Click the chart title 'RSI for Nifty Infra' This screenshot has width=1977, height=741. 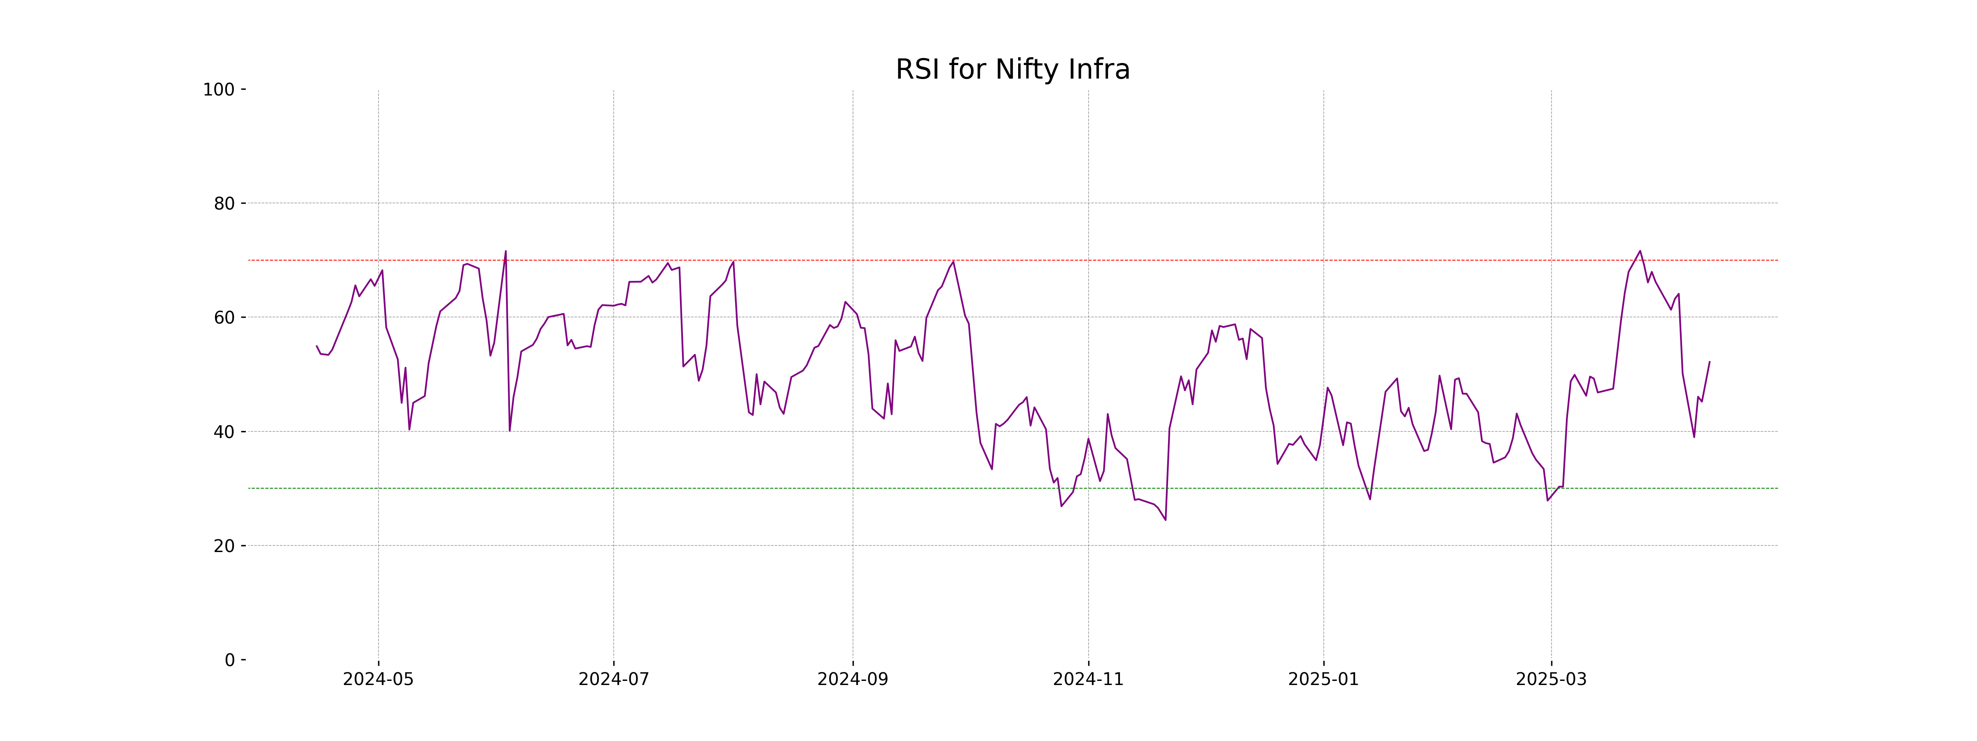(x=1012, y=70)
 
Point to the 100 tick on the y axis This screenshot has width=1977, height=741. (x=219, y=90)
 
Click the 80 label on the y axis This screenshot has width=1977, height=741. (x=224, y=204)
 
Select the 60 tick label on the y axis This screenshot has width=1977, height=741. (x=224, y=317)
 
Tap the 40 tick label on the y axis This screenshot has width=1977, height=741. (x=224, y=432)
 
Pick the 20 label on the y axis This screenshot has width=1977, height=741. (x=224, y=546)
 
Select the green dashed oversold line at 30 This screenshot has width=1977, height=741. (x=767, y=488)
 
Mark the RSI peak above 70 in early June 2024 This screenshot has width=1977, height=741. (x=505, y=252)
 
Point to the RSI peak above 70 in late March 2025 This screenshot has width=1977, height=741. (x=1640, y=252)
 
